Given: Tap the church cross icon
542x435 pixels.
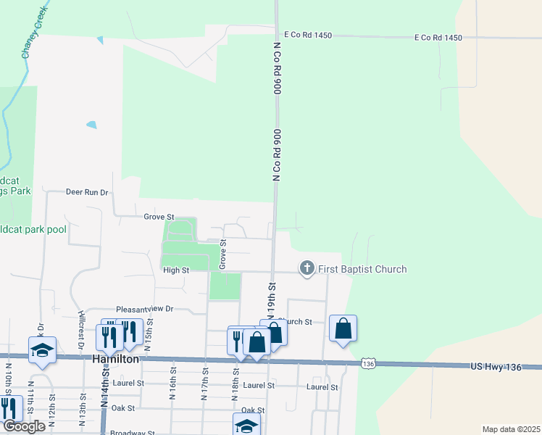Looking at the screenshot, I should point(307,269).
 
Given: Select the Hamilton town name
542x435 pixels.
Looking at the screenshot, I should point(115,359).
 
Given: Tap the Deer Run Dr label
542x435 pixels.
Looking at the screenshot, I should point(86,192).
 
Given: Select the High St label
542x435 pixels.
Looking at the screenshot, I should point(176,270).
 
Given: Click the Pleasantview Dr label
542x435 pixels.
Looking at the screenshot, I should point(145,309).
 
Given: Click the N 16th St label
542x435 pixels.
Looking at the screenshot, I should point(173,389).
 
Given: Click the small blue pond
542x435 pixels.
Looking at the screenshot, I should point(91,125).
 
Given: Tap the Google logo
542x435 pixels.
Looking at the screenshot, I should point(24,427).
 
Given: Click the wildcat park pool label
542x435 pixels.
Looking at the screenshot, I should point(32,229).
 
